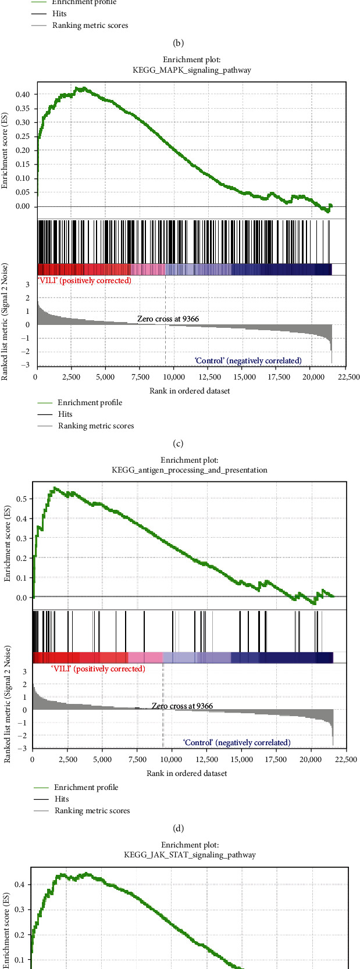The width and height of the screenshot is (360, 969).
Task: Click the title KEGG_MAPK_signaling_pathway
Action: click(191, 70)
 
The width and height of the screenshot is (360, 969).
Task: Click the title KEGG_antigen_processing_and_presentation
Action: click(190, 470)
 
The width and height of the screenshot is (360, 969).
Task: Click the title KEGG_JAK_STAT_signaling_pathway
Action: click(190, 854)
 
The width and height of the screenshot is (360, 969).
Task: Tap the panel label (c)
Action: click(179, 444)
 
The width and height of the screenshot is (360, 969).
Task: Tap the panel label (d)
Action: click(179, 828)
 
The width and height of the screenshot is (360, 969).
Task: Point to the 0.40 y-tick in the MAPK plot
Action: click(22, 94)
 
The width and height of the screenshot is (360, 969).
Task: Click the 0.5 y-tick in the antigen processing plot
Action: click(22, 499)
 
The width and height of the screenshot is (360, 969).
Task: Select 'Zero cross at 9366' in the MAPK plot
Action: click(168, 319)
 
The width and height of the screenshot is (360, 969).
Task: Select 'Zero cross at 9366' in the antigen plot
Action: click(182, 706)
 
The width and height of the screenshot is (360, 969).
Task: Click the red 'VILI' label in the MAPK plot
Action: click(84, 280)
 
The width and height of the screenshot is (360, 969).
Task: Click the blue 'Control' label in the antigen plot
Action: click(236, 742)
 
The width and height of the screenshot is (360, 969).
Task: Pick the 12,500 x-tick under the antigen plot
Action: click(207, 760)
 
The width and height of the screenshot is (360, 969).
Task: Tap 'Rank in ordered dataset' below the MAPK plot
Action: click(190, 391)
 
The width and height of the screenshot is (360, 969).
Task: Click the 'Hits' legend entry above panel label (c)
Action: click(65, 414)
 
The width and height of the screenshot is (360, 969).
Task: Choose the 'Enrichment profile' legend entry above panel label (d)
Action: click(86, 787)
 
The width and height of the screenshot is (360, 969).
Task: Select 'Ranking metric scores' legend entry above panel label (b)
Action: click(90, 26)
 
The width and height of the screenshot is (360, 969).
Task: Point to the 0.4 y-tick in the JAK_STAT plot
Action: click(22, 884)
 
